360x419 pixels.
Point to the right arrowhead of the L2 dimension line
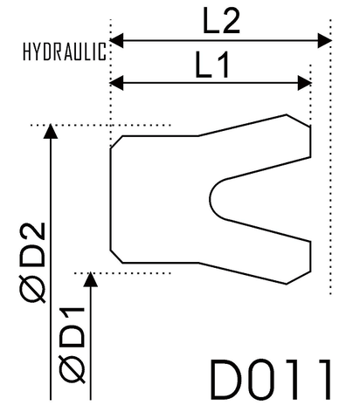324,40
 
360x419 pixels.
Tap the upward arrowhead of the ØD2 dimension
51,133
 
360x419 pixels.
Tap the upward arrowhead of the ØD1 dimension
92,279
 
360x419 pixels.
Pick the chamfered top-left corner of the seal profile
116,141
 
